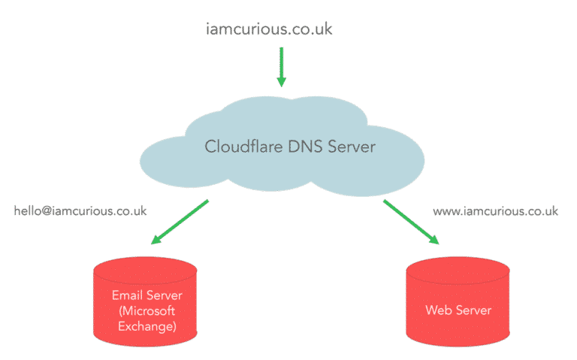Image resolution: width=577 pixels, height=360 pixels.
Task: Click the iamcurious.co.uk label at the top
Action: pyautogui.click(x=269, y=29)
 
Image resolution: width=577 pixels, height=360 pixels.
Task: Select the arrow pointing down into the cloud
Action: pyautogui.click(x=282, y=66)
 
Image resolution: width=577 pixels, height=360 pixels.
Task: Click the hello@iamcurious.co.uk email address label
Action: pyautogui.click(x=80, y=211)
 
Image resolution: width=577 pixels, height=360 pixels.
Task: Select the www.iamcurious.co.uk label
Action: pyautogui.click(x=495, y=211)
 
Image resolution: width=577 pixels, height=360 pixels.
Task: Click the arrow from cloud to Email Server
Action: pyautogui.click(x=180, y=222)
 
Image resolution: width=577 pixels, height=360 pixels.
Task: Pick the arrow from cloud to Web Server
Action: pyautogui.click(x=411, y=222)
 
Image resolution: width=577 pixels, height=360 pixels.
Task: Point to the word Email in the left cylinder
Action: pyautogui.click(x=125, y=295)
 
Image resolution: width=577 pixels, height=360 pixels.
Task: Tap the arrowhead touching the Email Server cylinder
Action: pyautogui.click(x=156, y=240)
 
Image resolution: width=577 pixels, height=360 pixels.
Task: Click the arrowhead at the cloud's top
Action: pyautogui.click(x=282, y=81)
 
